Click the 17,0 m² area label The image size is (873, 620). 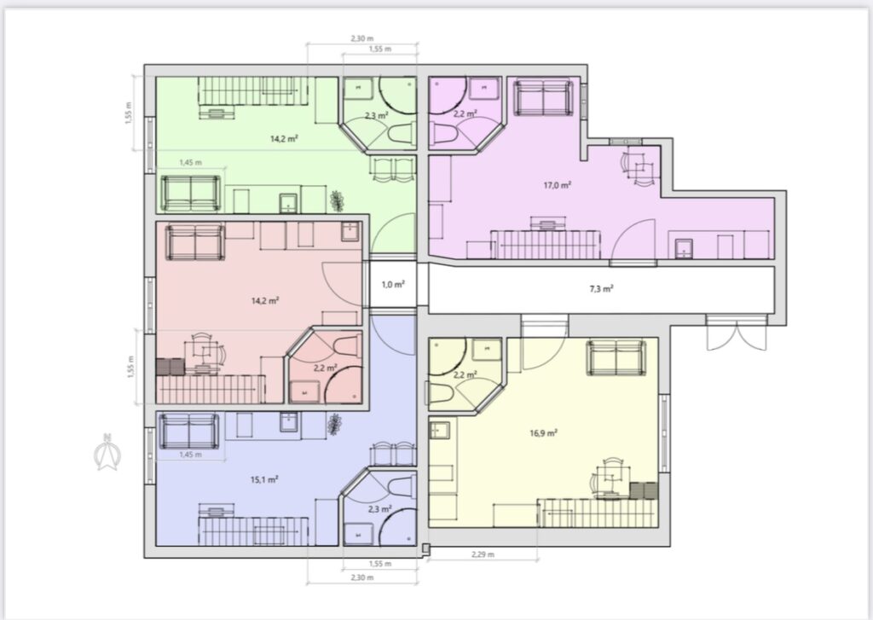pos(558,185)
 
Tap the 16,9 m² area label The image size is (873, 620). pos(543,432)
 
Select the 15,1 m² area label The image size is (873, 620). pos(264,479)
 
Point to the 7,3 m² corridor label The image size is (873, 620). pos(601,288)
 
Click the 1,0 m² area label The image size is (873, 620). pos(393,285)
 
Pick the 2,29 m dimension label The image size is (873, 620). pos(483,554)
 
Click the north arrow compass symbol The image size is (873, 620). pos(107,452)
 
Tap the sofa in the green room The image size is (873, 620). pos(190,194)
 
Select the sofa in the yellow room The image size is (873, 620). pos(616,357)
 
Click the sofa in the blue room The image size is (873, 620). pos(189,432)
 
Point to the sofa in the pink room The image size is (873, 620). pos(195,242)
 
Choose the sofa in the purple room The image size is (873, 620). pos(543,98)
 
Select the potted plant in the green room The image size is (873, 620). pos(336,201)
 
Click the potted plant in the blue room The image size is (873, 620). pos(334,424)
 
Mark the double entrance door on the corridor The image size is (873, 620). pos(736,333)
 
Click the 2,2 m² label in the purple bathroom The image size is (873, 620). pos(465,113)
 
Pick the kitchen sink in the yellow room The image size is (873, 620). pos(439,430)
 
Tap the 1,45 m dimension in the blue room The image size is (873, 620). pos(190,455)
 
